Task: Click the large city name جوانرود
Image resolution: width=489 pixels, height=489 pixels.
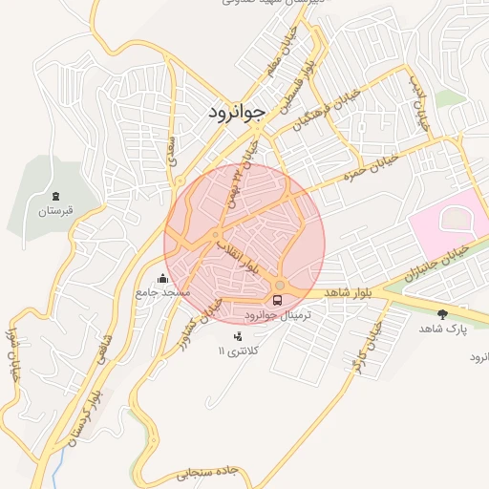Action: (235, 113)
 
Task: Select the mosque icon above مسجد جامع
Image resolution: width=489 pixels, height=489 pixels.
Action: (162, 279)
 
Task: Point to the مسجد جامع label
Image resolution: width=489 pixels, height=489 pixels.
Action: (162, 291)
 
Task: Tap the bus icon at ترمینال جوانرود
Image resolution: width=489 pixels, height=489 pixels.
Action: (278, 300)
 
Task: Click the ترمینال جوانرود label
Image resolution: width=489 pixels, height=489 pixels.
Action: (278, 314)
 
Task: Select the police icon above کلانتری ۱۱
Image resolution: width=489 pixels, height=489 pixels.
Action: (238, 336)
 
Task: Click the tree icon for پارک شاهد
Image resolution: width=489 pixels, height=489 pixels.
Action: (441, 313)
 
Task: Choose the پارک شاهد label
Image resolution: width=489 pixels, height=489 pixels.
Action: (440, 328)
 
